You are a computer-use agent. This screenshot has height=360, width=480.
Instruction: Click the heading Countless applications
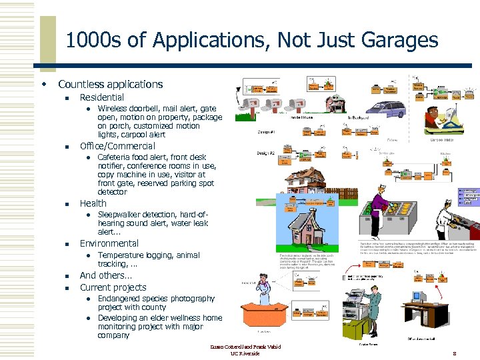(x=110, y=85)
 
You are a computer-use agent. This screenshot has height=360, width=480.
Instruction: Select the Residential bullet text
(x=101, y=97)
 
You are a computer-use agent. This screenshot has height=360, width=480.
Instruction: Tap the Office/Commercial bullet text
(x=117, y=146)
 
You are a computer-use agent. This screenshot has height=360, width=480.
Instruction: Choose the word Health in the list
(x=93, y=203)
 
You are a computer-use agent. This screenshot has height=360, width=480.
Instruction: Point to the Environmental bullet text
(x=109, y=243)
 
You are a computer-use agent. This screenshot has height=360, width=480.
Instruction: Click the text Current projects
(x=113, y=287)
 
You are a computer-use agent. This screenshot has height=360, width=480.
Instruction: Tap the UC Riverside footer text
(x=245, y=353)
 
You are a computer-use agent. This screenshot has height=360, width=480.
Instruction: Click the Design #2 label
(x=266, y=153)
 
